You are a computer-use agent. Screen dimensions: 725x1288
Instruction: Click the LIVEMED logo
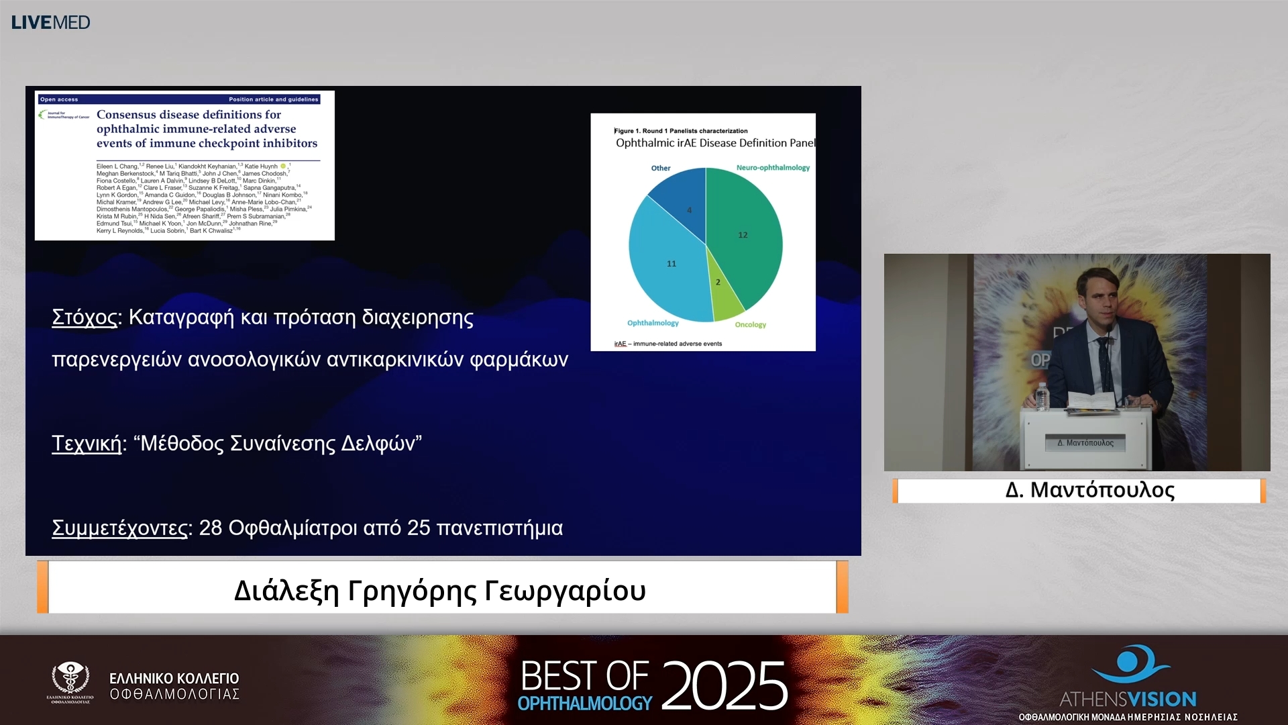[50, 22]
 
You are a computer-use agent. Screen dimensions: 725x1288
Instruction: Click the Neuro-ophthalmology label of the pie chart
[773, 168]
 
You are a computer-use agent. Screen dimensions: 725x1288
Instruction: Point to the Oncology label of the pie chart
[750, 325]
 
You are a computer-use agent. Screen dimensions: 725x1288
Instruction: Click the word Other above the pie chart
[661, 168]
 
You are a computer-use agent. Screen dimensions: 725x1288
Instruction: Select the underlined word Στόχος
[85, 317]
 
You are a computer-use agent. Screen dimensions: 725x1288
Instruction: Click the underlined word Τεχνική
[87, 443]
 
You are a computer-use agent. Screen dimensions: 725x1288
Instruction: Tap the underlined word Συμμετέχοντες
[119, 528]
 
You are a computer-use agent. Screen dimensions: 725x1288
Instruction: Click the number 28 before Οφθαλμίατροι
[210, 528]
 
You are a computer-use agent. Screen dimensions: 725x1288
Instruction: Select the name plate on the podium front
[1085, 443]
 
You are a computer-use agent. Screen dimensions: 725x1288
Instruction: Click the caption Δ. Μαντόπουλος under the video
[1089, 490]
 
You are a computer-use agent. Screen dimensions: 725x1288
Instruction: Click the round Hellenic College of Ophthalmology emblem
[70, 679]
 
